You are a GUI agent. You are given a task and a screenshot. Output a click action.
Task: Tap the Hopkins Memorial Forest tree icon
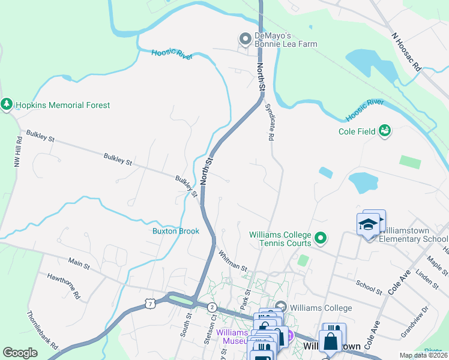pyautogui.click(x=7, y=105)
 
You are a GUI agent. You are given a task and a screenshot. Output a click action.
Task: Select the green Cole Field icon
pyautogui.click(x=385, y=131)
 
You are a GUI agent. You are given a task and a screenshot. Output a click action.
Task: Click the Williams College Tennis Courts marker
pyautogui.click(x=321, y=239)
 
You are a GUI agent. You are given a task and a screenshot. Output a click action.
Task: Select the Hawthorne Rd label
pyautogui.click(x=64, y=285)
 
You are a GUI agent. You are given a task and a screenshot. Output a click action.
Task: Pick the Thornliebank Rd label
pyautogui.click(x=42, y=331)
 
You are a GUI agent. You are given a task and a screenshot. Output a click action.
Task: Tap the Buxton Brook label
pyautogui.click(x=175, y=231)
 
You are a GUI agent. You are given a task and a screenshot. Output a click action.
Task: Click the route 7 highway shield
pyautogui.click(x=149, y=304)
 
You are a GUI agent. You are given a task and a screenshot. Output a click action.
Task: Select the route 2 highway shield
pyautogui.click(x=212, y=307)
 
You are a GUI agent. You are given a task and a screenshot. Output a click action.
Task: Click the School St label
pyautogui.click(x=369, y=287)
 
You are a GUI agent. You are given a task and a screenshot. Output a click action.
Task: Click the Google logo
pyautogui.click(x=20, y=353)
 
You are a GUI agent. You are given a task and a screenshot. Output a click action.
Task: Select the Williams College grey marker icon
pyautogui.click(x=281, y=308)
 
